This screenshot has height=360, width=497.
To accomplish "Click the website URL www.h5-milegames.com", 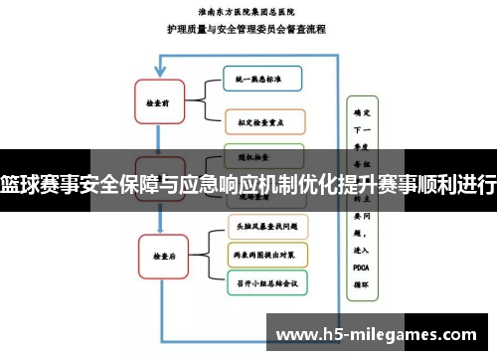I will pos(379,330).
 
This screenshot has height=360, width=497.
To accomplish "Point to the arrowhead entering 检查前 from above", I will pos(159,72).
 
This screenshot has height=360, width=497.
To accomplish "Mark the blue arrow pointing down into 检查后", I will pos(159,227).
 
